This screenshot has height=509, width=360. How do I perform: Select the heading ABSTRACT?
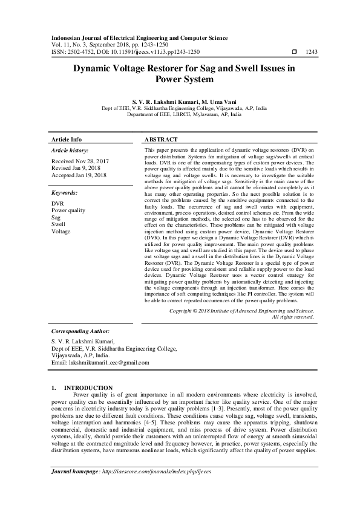point(162,138)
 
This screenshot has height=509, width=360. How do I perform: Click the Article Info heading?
point(67,138)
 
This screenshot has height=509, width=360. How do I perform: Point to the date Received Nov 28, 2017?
point(80,161)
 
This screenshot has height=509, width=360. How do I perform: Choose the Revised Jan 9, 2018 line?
point(76,169)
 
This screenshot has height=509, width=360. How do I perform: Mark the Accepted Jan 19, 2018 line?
point(79,176)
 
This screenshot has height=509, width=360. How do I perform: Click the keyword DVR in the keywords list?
point(58,204)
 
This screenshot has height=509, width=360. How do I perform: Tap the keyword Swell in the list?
point(59,224)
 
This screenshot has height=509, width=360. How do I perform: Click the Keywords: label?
point(65,192)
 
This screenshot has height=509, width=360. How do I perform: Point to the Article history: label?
point(70,149)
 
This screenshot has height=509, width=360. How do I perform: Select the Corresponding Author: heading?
point(80,331)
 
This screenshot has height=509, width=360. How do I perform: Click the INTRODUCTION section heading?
point(88,387)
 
